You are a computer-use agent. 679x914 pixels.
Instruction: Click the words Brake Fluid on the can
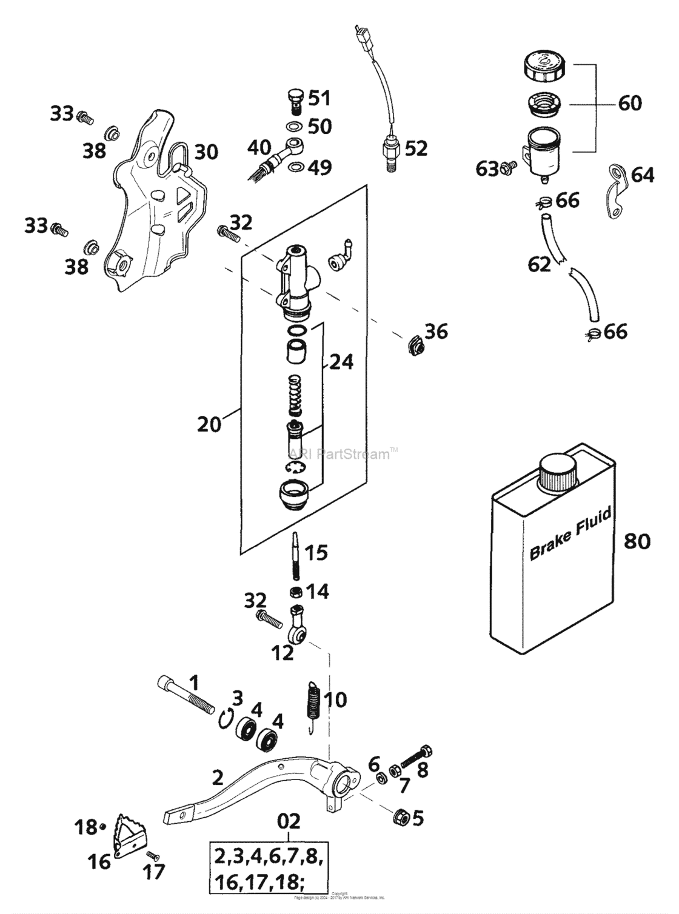[x=570, y=534]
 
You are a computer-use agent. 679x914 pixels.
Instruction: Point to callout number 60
[x=630, y=103]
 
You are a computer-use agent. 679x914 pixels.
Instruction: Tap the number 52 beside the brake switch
[x=416, y=148]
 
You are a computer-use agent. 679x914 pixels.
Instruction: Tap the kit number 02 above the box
[x=288, y=822]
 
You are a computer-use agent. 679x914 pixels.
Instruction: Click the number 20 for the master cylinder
[x=209, y=424]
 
